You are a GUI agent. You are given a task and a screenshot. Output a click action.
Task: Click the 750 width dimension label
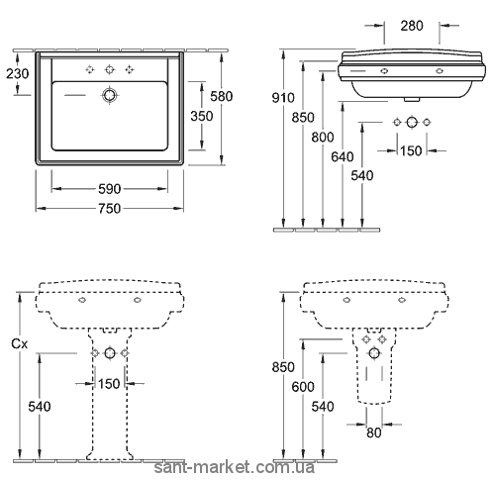pyautogui.click(x=110, y=209)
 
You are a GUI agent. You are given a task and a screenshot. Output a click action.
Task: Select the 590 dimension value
pyautogui.click(x=110, y=189)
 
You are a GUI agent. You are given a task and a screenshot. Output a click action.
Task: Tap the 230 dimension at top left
pyautogui.click(x=18, y=73)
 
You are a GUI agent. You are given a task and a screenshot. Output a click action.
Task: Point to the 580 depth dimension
pyautogui.click(x=222, y=96)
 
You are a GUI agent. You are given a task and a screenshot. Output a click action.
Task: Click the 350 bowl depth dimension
pyautogui.click(x=202, y=116)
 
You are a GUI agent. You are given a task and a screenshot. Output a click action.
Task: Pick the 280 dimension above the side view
pyautogui.click(x=412, y=26)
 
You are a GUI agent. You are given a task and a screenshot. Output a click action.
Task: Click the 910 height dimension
pyautogui.click(x=283, y=98)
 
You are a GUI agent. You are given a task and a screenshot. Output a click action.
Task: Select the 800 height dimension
pyautogui.click(x=323, y=137)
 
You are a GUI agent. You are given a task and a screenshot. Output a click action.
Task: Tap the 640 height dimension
pyautogui.click(x=343, y=156)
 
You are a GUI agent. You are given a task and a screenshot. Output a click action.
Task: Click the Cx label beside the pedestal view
pyautogui.click(x=19, y=344)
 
